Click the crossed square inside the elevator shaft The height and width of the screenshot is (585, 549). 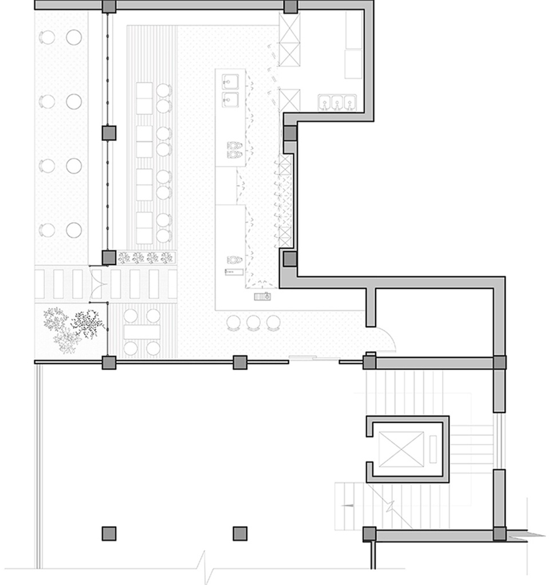pos(401,449)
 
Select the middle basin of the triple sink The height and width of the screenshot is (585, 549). pos(338,103)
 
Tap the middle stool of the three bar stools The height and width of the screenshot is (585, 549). pos(253,323)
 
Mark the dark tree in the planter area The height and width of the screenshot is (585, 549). pos(87,324)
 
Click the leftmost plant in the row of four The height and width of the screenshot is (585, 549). pos(124,258)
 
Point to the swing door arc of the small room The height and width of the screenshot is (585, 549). pos(387,342)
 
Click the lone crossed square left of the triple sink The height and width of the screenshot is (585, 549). pos(290,101)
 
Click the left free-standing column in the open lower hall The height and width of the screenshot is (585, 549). pos(109,533)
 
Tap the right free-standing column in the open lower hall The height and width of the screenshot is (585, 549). pos(240,533)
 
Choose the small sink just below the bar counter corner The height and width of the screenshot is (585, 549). pos(264,296)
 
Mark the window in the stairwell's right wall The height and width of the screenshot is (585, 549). pos(499,440)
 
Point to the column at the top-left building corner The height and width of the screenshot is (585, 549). pos(109,6)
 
